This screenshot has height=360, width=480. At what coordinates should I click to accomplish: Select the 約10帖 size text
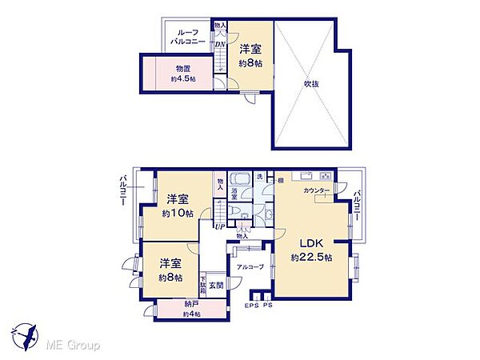point(178,214)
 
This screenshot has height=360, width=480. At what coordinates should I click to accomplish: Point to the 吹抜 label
point(311,82)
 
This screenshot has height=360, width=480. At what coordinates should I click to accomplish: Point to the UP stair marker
point(218,226)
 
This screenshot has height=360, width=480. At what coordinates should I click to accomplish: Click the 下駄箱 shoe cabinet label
point(203,286)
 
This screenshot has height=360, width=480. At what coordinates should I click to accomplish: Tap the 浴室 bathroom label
point(234,193)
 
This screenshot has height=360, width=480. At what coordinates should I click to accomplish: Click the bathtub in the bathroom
point(238,178)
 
